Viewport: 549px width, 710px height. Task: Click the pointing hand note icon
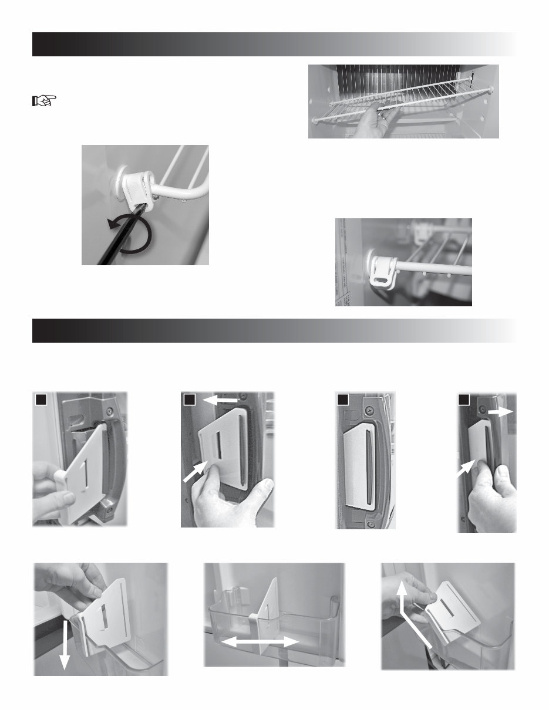point(42,102)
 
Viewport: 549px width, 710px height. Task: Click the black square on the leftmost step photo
point(40,400)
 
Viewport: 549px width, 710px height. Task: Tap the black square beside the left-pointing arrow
point(190,400)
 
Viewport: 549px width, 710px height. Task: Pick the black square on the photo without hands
point(343,400)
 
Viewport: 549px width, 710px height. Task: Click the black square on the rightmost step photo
point(464,400)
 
